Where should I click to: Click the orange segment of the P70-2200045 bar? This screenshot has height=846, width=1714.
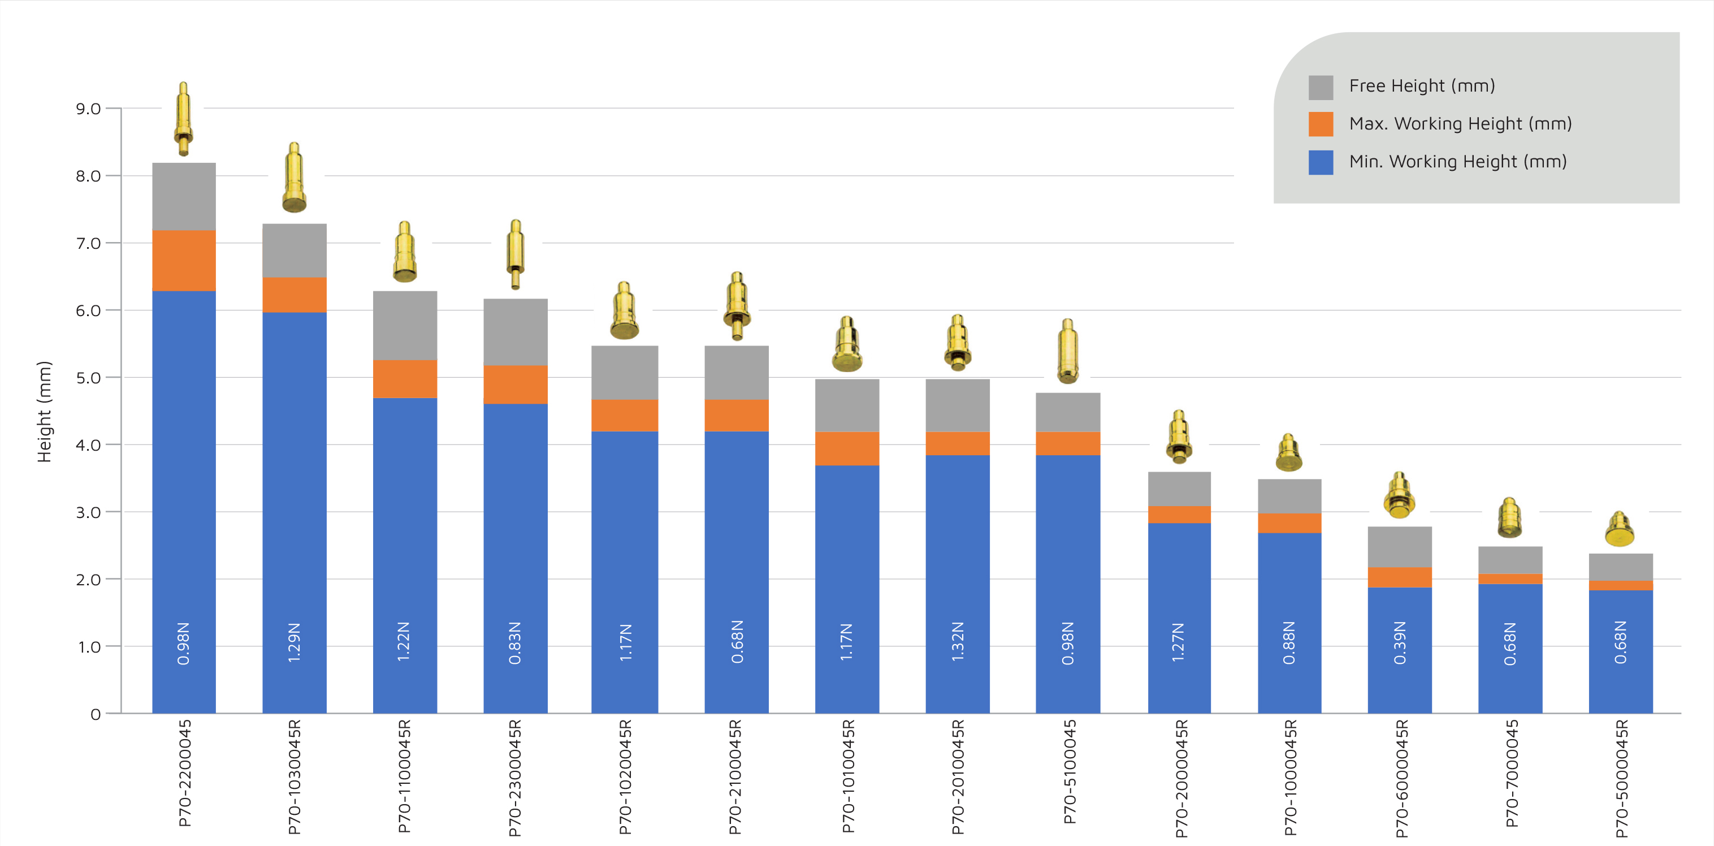click(184, 260)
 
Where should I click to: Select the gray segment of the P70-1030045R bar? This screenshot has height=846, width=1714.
click(294, 251)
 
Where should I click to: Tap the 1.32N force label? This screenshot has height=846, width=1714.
click(958, 642)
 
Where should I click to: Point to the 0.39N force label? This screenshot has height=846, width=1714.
click(1400, 643)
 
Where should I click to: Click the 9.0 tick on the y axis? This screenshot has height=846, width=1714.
click(89, 109)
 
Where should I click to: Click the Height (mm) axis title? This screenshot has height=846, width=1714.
click(44, 411)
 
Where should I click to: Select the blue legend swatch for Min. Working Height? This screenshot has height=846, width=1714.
click(1320, 162)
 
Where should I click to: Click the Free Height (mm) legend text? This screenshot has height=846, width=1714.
click(1421, 86)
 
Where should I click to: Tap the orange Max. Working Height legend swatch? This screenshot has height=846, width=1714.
click(1320, 124)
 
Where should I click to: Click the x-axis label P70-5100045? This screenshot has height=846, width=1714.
click(1068, 771)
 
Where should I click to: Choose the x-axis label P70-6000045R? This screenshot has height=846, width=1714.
click(1401, 778)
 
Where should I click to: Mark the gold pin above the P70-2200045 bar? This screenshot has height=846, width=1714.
click(184, 119)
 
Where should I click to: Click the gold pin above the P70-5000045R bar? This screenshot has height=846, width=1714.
click(1620, 529)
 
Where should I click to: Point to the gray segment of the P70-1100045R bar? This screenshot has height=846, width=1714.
click(405, 326)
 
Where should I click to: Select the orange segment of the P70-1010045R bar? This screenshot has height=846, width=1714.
click(847, 448)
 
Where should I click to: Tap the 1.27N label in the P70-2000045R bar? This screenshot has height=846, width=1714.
click(1178, 642)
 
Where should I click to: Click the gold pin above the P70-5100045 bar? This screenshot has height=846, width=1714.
click(1068, 351)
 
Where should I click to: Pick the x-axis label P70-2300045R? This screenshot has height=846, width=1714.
click(515, 778)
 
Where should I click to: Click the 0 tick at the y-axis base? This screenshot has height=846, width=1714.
click(96, 714)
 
